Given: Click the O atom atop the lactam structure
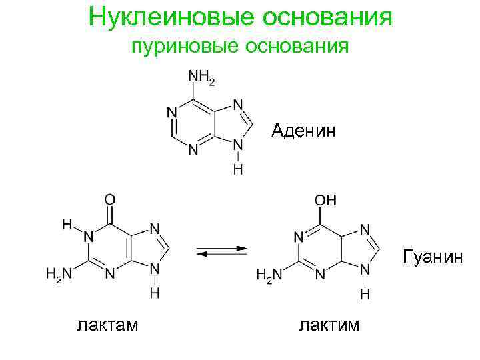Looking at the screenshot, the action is tap(110, 199).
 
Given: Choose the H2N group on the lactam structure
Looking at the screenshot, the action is tap(58, 273).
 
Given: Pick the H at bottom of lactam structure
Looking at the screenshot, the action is tap(155, 293).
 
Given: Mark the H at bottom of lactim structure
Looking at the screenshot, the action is tap(365, 293).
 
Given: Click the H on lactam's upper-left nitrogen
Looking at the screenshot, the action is tap(67, 225).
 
